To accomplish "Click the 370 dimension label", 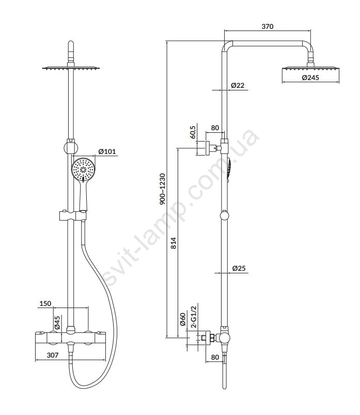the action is pos(267,26).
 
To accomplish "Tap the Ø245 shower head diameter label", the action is pos(310,78).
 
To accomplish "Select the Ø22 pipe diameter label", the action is pos(238,85).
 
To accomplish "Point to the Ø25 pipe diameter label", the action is pos(239,268).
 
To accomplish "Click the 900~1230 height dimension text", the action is pos(162,189).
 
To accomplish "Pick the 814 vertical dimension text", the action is pos(173,243).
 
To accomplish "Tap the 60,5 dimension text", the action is pos(193,132).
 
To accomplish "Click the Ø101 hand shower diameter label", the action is pos(107,151).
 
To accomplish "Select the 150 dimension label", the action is pos(45,303).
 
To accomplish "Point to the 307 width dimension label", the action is pos(52,355).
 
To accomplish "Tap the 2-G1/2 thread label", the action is pos(194,317).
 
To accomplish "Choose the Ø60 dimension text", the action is pos(183,319).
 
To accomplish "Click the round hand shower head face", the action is pos(83,170).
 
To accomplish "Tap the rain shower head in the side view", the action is pos(310,69).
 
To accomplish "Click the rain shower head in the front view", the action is pos(71,68).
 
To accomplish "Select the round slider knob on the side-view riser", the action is pos(224,215).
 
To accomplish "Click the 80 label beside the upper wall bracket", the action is pos(215,128).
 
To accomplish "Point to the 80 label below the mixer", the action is pos(215,357).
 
